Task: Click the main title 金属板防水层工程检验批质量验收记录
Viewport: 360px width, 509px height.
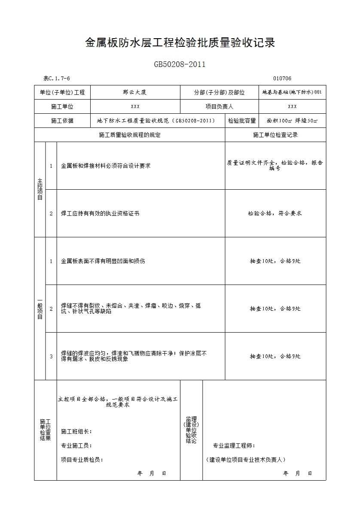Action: click(x=180, y=43)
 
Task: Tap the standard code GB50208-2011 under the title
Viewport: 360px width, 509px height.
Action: click(x=180, y=65)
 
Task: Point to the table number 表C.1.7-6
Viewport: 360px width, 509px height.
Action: click(x=57, y=79)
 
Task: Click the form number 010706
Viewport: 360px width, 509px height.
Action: click(x=282, y=79)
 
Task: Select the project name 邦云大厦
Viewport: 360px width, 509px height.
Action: click(x=135, y=92)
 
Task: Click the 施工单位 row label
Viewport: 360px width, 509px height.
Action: click(x=62, y=106)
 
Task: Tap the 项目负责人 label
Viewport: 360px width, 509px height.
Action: click(x=219, y=106)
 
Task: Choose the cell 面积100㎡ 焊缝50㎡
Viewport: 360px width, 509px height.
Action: click(x=292, y=121)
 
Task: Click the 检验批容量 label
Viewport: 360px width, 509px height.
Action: click(x=242, y=121)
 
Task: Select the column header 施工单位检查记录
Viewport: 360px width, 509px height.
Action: click(x=275, y=135)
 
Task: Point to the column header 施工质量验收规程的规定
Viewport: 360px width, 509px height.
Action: click(x=129, y=135)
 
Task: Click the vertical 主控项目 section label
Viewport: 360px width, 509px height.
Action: click(x=40, y=189)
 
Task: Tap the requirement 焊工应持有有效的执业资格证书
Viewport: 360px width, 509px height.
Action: click(x=100, y=213)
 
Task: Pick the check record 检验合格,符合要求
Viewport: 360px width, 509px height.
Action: click(x=275, y=213)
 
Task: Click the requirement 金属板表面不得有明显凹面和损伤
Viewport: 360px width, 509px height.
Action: click(x=103, y=261)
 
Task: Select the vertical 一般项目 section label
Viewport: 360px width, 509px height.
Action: click(x=40, y=309)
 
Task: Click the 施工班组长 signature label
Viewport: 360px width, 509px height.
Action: click(x=76, y=432)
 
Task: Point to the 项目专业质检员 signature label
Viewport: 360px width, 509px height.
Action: click(x=82, y=460)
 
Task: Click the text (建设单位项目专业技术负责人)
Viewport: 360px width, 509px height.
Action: click(x=245, y=460)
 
